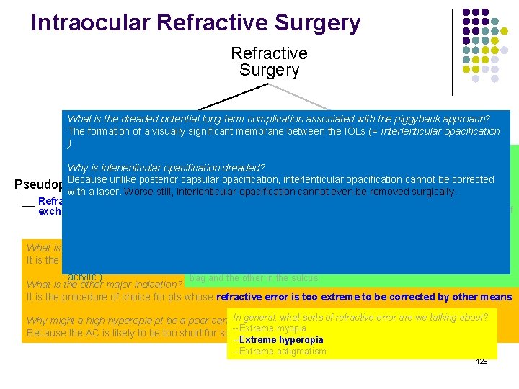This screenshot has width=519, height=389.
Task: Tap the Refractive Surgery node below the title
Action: (269, 62)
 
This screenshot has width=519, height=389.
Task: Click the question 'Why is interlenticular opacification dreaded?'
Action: (167, 168)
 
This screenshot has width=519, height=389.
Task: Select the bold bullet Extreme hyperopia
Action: (277, 339)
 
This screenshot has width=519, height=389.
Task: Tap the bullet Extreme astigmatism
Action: (280, 351)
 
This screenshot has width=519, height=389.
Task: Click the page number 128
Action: (482, 360)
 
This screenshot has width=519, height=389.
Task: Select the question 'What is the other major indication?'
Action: (105, 285)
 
